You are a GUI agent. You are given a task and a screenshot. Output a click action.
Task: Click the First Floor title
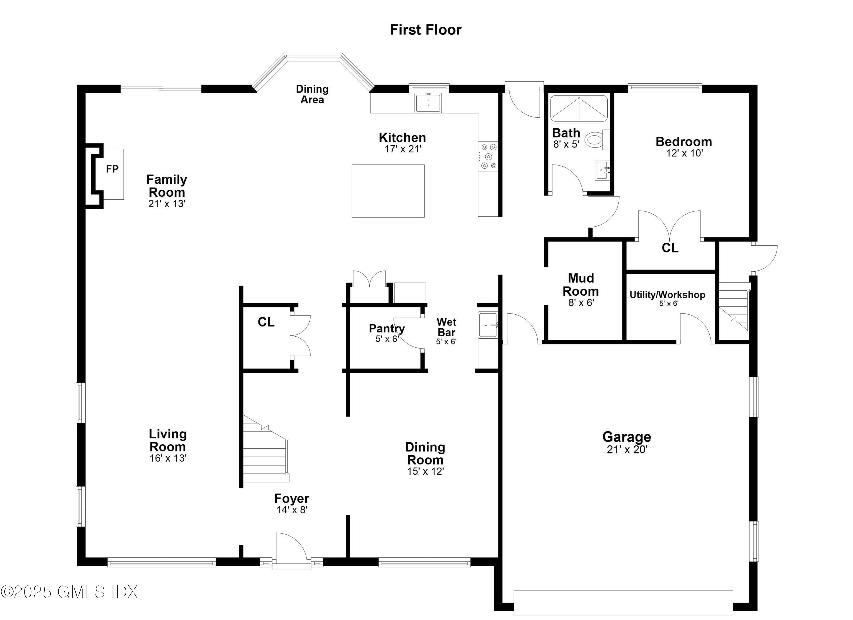[425, 30]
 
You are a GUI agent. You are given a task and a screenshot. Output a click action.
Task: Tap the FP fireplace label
[112, 169]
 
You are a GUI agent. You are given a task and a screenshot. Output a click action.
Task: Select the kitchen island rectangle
[388, 191]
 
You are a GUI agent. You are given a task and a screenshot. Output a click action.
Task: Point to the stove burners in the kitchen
[488, 156]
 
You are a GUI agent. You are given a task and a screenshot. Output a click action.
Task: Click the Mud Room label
[581, 285]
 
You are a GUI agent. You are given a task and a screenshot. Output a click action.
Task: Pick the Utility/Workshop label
[667, 295]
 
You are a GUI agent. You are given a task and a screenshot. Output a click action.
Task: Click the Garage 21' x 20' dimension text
[627, 450]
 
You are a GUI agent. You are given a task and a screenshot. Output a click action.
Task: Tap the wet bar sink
[488, 325]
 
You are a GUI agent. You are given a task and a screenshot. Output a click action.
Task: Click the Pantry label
[387, 328]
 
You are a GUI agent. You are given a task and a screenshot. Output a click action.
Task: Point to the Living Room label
[168, 440]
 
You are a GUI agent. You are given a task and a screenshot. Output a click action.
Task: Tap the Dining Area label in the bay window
[312, 94]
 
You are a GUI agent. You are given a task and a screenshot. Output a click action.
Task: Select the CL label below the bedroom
[670, 248]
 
